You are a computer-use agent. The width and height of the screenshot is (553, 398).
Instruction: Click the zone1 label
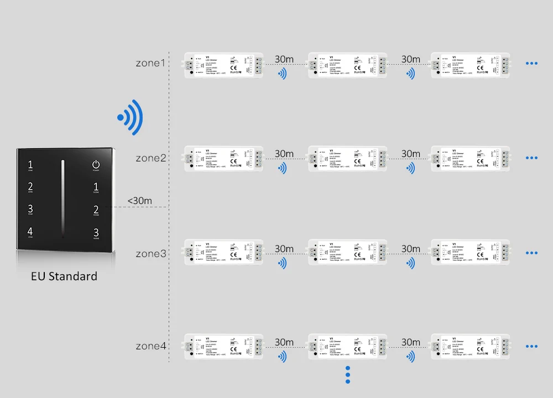tap(150, 63)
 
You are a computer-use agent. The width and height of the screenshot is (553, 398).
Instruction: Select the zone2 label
tap(150, 158)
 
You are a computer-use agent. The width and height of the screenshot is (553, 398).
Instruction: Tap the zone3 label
tap(150, 254)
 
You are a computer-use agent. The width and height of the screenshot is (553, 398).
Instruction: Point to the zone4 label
tap(150, 347)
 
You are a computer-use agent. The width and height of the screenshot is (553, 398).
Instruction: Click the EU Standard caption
tap(64, 276)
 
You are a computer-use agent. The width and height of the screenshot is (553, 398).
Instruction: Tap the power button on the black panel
tap(96, 165)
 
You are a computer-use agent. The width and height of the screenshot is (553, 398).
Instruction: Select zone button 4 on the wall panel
tap(30, 233)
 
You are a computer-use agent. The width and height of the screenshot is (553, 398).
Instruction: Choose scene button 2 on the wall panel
tap(96, 210)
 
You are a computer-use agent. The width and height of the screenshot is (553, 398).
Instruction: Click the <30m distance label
tap(139, 201)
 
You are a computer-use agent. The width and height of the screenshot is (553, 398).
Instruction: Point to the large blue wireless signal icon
tap(131, 116)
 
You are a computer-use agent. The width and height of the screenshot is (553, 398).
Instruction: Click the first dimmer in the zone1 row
tap(224, 65)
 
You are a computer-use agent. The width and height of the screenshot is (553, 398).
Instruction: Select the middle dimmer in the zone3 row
tap(347, 252)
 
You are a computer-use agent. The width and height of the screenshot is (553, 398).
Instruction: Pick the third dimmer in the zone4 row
tap(471, 347)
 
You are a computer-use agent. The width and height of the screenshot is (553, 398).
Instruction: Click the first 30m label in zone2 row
tap(284, 154)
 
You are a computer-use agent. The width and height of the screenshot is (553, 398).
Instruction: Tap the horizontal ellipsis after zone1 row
tap(531, 64)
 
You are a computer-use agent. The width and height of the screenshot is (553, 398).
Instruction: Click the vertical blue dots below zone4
tap(348, 374)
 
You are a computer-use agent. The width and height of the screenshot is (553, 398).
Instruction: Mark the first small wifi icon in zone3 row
tap(283, 263)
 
